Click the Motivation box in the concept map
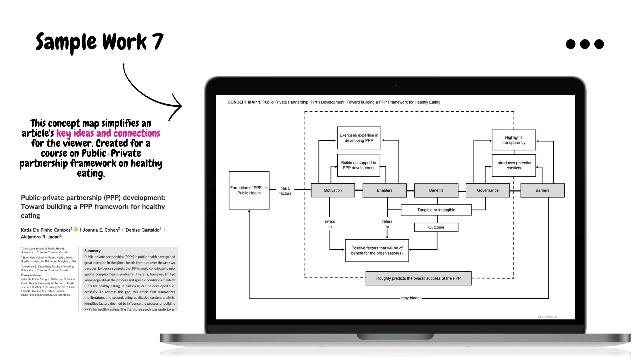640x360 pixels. pos(333,190)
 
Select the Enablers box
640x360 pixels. pos(384,190)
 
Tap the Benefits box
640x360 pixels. pos(436,190)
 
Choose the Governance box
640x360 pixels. pos(488,190)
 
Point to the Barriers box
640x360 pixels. pos(542,190)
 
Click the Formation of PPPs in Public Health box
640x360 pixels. pos(249,190)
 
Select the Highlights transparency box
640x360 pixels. pos(514,140)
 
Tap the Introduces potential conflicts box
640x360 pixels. pos(514,165)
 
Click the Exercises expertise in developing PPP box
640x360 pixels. pos(359,138)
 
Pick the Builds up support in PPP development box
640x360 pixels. pos(359,165)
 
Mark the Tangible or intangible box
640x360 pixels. pos(436,210)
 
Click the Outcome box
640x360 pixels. pos(436,227)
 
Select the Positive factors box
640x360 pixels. pos(377,251)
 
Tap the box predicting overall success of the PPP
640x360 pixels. pos(418,278)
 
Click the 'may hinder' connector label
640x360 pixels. pos(411,298)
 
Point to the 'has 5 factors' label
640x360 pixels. pos(285,191)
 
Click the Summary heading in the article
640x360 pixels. pos(92,251)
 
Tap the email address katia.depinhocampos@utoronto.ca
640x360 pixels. pos(49,295)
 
